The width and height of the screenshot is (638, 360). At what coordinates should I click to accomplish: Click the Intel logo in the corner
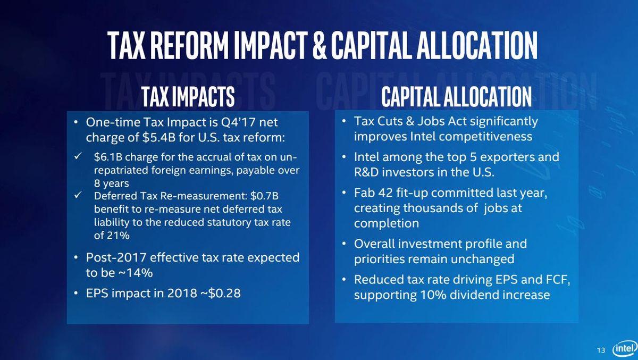[625, 348]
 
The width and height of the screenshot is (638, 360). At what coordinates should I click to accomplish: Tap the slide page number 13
[601, 350]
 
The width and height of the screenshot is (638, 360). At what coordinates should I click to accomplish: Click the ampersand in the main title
[320, 46]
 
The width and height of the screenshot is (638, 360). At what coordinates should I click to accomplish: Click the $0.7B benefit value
[264, 196]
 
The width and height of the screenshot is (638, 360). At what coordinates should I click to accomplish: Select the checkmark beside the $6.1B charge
[78, 156]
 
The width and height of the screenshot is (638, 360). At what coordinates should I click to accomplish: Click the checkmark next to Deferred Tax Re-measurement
[78, 195]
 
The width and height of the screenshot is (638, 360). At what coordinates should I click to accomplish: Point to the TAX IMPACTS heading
[188, 96]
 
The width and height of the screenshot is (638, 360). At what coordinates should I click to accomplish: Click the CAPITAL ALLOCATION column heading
[457, 96]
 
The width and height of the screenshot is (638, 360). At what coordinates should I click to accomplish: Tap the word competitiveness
[485, 137]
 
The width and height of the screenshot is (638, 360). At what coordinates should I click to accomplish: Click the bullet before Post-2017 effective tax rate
[75, 258]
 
